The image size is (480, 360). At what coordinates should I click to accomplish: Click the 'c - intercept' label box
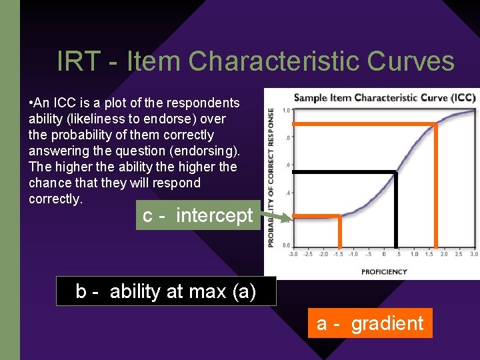pyautogui.click(x=198, y=215)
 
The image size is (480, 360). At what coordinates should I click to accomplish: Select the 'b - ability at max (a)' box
pyautogui.click(x=166, y=291)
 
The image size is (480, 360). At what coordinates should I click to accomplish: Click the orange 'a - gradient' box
pyautogui.click(x=370, y=323)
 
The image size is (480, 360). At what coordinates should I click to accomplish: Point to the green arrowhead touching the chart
pyautogui.click(x=288, y=218)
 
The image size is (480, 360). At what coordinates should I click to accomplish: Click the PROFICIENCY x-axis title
pyautogui.click(x=384, y=271)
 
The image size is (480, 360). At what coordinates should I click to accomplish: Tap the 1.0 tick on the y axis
pyautogui.click(x=285, y=111)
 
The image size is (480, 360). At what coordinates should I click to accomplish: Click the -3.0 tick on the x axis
pyautogui.click(x=293, y=254)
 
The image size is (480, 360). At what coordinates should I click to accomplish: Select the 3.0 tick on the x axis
pyautogui.click(x=474, y=254)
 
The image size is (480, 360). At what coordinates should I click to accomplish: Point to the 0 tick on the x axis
pyautogui.click(x=383, y=254)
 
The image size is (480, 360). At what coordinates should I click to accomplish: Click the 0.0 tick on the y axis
pyautogui.click(x=285, y=245)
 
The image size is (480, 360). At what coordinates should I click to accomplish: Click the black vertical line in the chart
pyautogui.click(x=397, y=210)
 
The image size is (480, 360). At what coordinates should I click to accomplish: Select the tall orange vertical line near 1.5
pyautogui.click(x=436, y=187)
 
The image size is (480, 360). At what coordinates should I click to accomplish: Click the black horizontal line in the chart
pyautogui.click(x=345, y=173)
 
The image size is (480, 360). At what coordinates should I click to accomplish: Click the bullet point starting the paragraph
pyautogui.click(x=31, y=103)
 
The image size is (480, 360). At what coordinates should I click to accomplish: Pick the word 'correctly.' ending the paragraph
pyautogui.click(x=55, y=199)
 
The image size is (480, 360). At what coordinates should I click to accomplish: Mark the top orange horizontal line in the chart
pyautogui.click(x=365, y=125)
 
